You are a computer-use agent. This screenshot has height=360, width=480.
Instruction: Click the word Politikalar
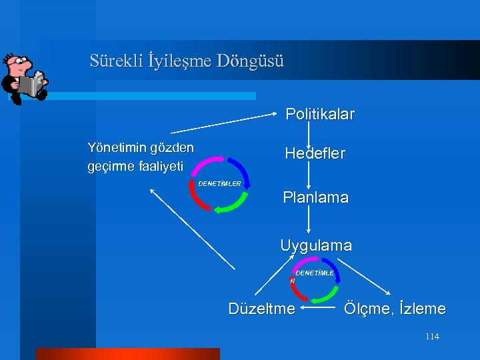tap(320, 114)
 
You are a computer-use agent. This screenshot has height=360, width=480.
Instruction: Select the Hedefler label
tap(315, 153)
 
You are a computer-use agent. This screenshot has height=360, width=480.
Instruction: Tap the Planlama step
tap(315, 198)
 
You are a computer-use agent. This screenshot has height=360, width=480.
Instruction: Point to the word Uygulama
tap(316, 245)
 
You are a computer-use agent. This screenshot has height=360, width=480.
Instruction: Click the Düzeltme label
tap(261, 309)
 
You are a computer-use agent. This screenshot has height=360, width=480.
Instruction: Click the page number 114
tap(432, 337)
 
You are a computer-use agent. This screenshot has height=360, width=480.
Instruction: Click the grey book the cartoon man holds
tap(29, 84)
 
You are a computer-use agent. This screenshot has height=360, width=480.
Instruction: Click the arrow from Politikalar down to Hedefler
tap(308, 133)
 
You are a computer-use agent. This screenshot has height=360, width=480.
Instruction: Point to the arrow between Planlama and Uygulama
tap(308, 221)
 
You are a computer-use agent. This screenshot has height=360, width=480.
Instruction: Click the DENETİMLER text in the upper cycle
tap(220, 183)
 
